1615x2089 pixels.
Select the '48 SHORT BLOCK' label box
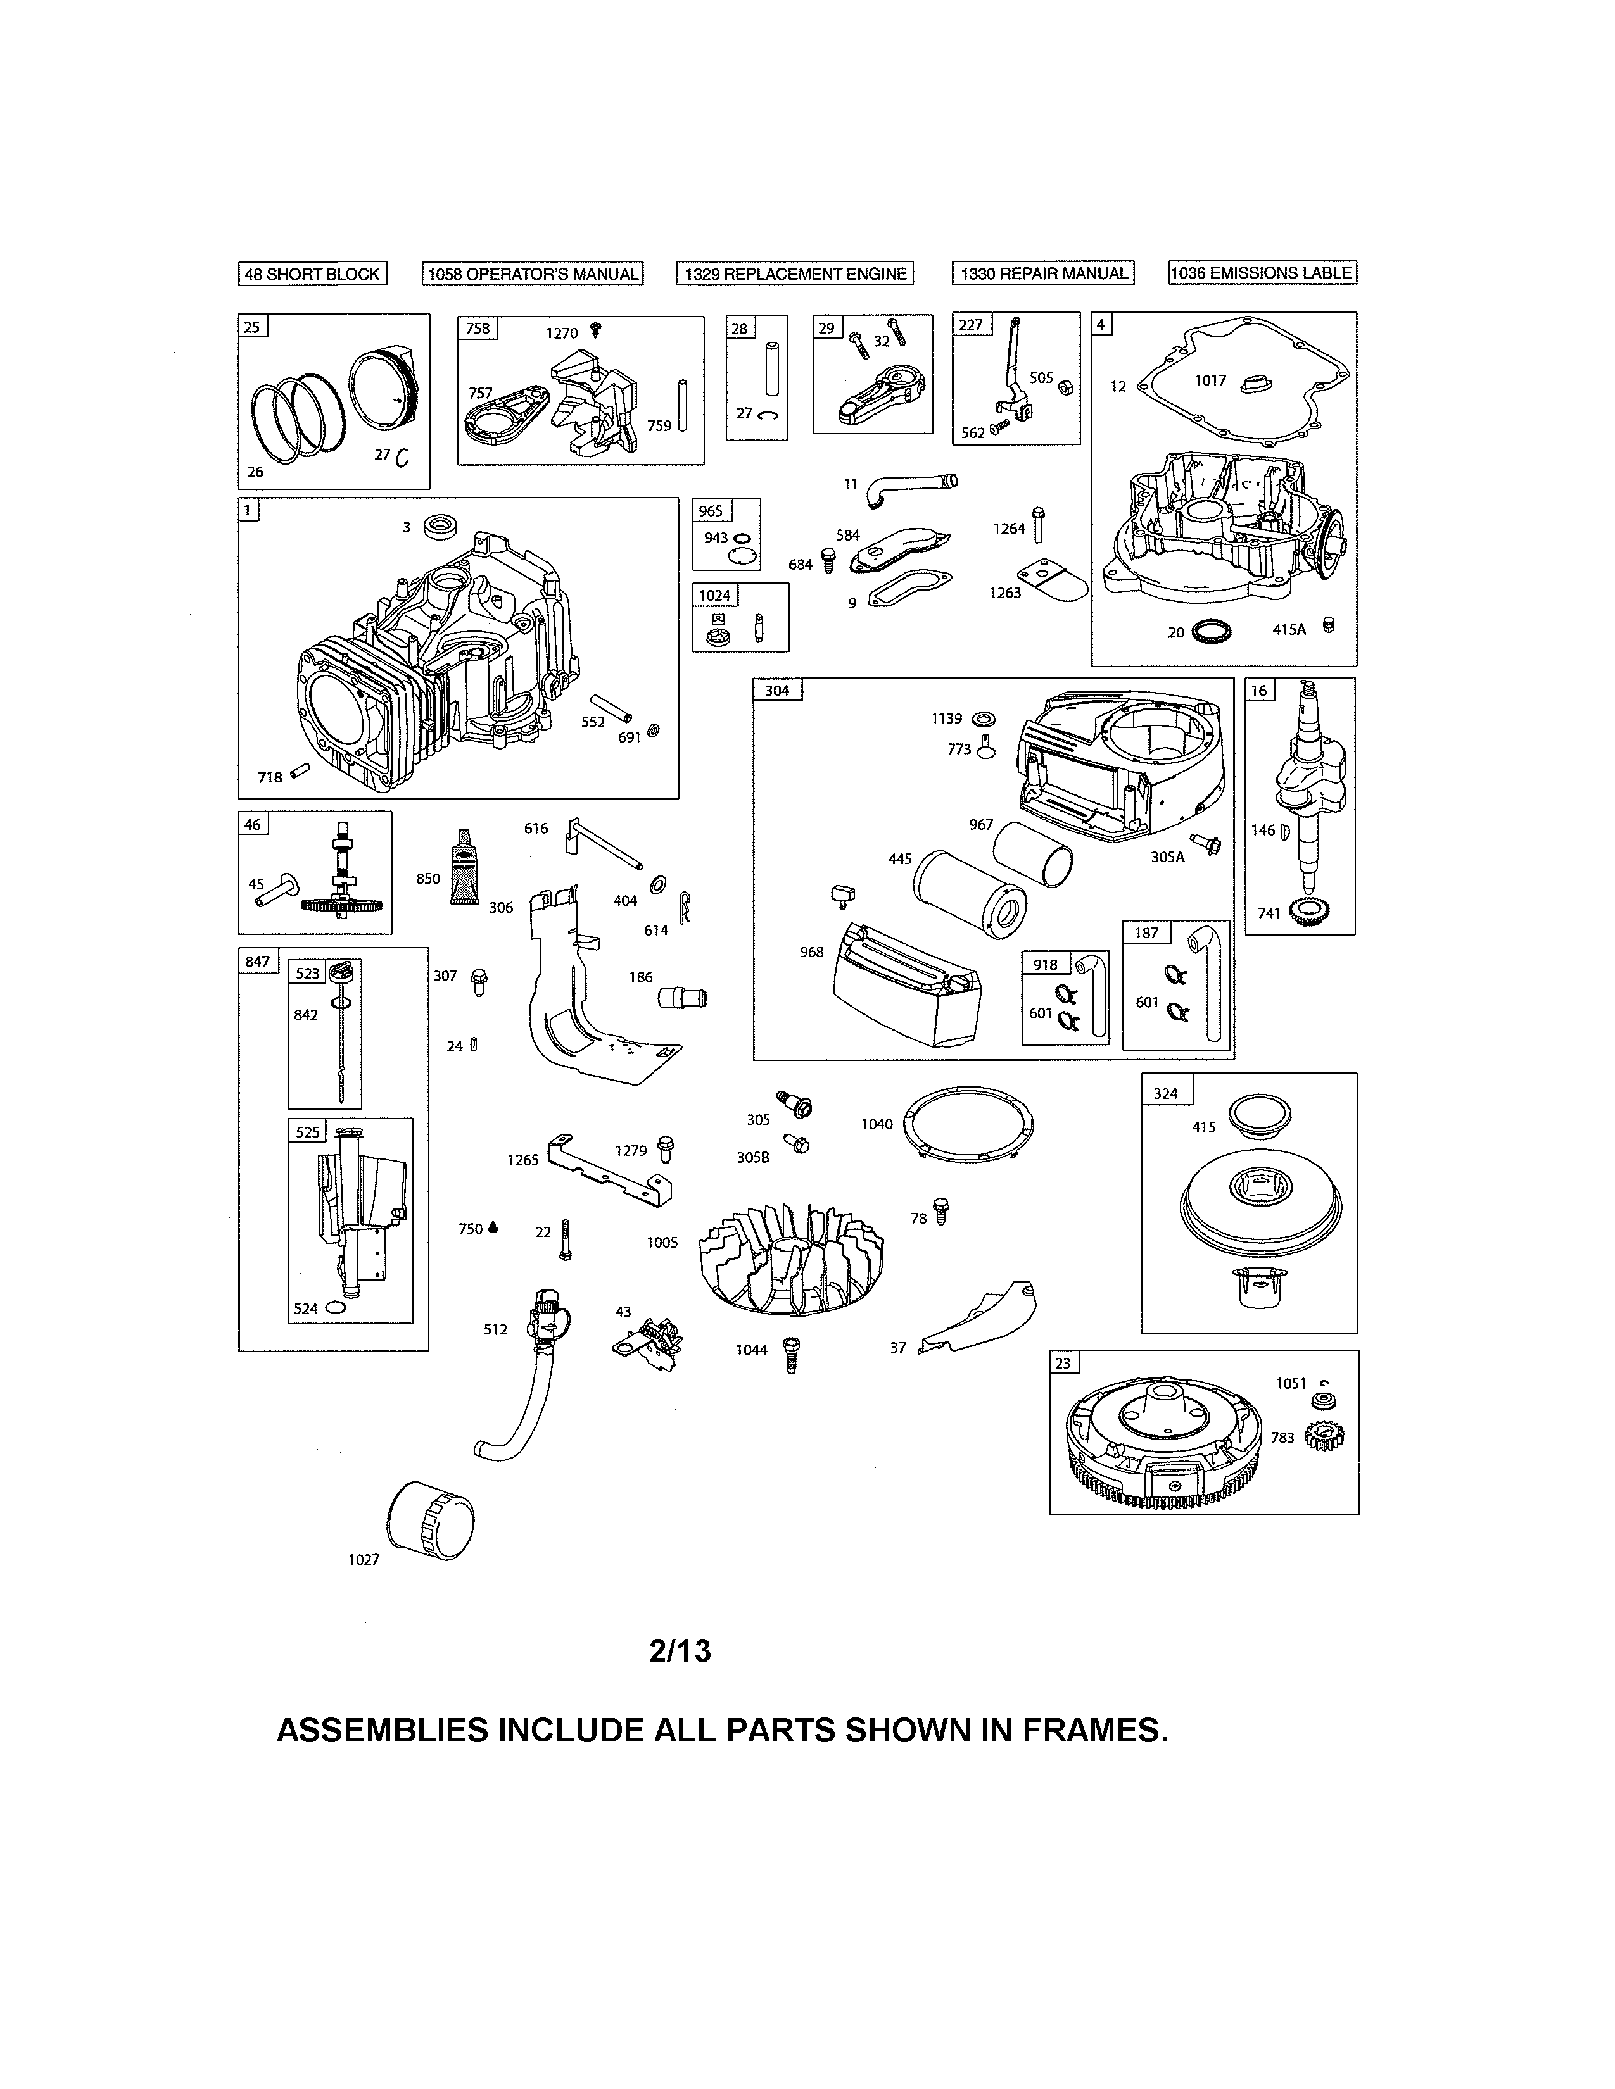(x=312, y=273)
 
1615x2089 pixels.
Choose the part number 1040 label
(x=877, y=1124)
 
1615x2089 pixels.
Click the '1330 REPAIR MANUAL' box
(x=1043, y=273)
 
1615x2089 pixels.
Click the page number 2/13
(x=680, y=1652)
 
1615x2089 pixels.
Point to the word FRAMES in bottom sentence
(x=1094, y=1729)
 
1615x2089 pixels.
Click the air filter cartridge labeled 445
(x=968, y=895)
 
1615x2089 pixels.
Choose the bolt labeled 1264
(x=1037, y=524)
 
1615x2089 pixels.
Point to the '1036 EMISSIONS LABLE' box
(x=1262, y=273)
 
